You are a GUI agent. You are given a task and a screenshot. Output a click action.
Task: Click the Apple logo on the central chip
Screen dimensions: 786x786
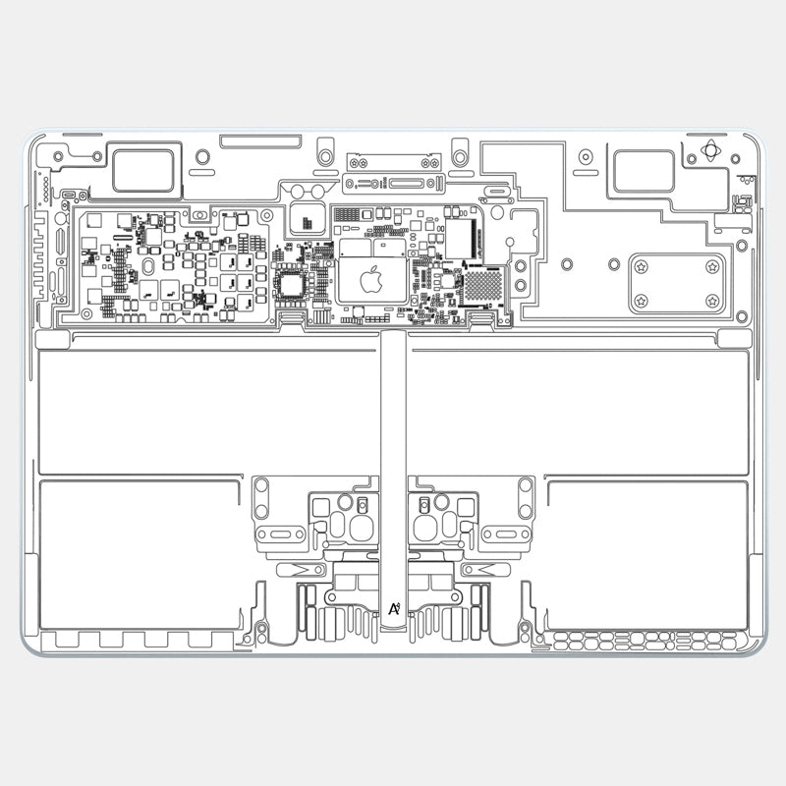(x=370, y=281)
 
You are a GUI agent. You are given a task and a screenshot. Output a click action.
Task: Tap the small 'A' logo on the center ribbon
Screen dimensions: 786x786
(x=393, y=609)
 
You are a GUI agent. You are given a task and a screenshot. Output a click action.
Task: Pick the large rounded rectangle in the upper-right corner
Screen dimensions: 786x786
(x=644, y=170)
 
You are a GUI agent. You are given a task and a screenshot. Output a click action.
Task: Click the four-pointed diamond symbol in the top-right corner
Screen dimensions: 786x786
(x=711, y=152)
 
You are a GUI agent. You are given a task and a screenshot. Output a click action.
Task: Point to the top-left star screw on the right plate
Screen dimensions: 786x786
(x=641, y=266)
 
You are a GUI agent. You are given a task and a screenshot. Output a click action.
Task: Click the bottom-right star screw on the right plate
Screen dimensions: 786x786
(x=712, y=300)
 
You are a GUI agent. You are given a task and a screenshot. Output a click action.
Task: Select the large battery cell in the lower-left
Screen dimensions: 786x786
(x=140, y=555)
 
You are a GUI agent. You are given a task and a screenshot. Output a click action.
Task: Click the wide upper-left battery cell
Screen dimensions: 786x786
(x=208, y=411)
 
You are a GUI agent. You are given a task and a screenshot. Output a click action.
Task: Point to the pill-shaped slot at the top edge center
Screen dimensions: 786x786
(x=256, y=141)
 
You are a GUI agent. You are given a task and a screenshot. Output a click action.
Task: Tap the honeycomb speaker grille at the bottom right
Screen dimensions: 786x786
(x=644, y=641)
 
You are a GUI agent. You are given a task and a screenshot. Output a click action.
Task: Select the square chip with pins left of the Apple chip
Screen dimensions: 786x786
(x=294, y=286)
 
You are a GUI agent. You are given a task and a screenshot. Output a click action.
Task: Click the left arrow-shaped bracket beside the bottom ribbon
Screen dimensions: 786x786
(x=303, y=569)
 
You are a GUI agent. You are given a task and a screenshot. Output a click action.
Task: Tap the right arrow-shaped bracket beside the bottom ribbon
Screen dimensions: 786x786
(x=483, y=569)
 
